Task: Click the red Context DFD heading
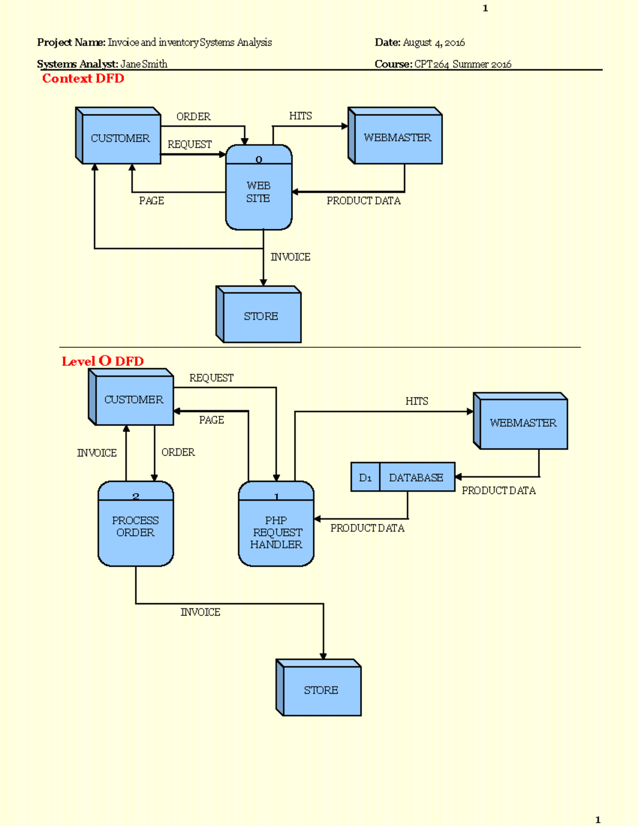(x=83, y=79)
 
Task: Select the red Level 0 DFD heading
(x=103, y=361)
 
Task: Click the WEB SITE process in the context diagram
(x=258, y=192)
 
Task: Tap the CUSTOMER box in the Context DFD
(x=120, y=138)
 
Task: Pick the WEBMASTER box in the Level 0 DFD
(x=523, y=423)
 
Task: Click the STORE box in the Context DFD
(x=261, y=316)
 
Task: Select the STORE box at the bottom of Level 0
(x=321, y=690)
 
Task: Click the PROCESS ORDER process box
(x=136, y=527)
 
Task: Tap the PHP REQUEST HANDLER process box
(x=276, y=532)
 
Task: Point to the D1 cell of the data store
(x=365, y=478)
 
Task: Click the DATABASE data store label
(x=416, y=478)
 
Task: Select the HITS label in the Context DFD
(x=300, y=116)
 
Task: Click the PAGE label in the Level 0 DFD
(x=212, y=420)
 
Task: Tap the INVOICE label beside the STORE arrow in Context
(x=290, y=257)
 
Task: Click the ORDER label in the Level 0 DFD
(x=178, y=453)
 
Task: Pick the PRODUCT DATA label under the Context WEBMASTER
(x=364, y=201)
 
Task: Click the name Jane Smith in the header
(x=144, y=64)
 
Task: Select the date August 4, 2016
(x=434, y=43)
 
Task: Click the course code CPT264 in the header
(x=432, y=64)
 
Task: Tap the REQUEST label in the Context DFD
(x=190, y=145)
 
